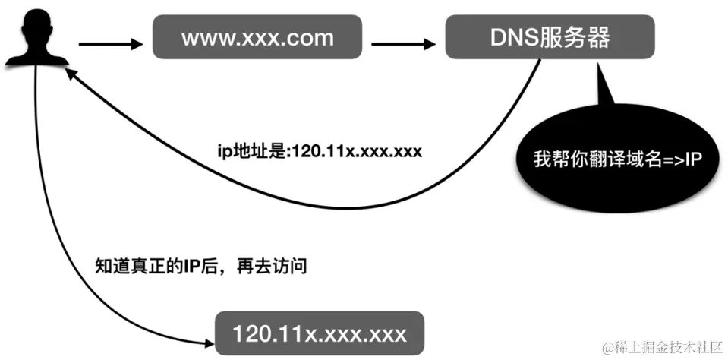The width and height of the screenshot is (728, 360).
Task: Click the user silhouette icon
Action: (x=34, y=37)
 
